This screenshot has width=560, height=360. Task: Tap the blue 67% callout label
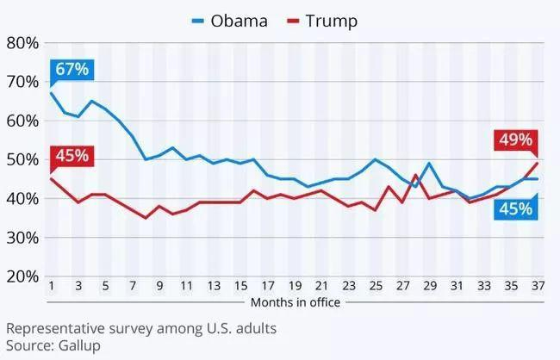tap(71, 69)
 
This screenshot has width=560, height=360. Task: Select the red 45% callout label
tap(71, 156)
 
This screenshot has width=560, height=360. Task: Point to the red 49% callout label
tap(514, 140)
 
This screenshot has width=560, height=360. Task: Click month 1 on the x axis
tap(53, 287)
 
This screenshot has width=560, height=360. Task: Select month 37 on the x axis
tap(538, 287)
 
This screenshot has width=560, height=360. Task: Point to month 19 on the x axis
tap(295, 287)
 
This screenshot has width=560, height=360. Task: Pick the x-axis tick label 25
tap(376, 287)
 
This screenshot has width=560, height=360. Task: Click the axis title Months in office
tap(296, 302)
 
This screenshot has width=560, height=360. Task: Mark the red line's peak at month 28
tap(416, 176)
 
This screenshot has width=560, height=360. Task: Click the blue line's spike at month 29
tap(429, 164)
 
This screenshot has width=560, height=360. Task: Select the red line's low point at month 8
tap(146, 218)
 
